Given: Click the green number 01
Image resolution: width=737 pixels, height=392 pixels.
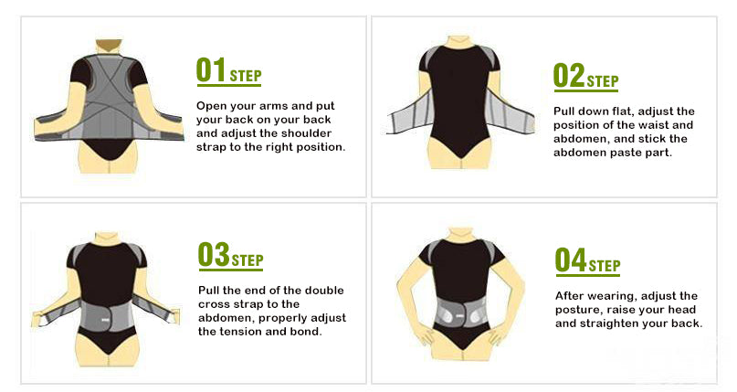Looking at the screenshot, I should [x=211, y=69].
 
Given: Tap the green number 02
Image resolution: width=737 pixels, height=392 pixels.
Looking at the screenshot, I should [x=568, y=76].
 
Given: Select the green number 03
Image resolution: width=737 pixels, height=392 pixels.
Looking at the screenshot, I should [x=212, y=255].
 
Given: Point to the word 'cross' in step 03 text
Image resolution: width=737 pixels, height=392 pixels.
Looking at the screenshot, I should [x=217, y=304].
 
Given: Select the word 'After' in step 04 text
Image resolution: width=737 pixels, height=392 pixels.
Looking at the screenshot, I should [x=572, y=296].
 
